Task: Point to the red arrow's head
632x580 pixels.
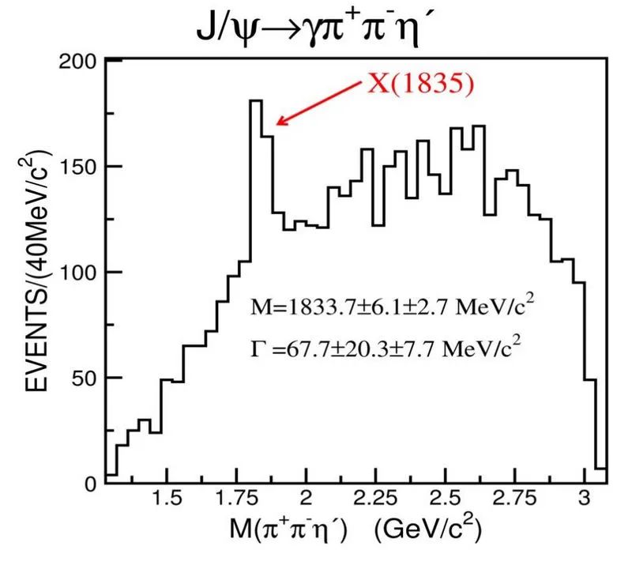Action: click(277, 123)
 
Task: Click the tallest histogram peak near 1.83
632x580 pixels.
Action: click(255, 101)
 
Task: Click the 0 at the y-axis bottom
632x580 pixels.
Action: click(90, 483)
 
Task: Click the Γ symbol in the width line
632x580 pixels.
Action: click(254, 346)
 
